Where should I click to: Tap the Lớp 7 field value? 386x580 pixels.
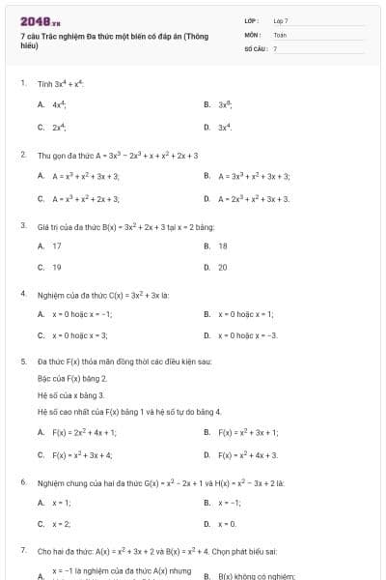[x=281, y=20]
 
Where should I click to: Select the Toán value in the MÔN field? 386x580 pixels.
[x=280, y=34]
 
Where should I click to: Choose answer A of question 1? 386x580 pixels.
[x=58, y=103]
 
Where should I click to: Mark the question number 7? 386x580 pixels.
[x=23, y=550]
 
